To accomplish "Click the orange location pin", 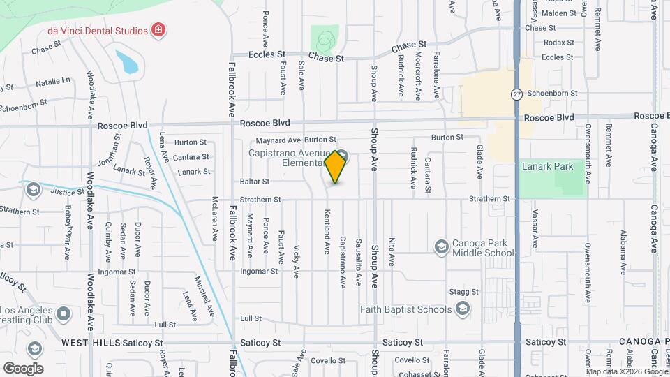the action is click(336, 166).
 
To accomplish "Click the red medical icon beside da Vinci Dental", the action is click(158, 30).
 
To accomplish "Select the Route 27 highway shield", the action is click(516, 94).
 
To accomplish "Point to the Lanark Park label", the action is click(547, 166).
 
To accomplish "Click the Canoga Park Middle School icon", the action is click(441, 246).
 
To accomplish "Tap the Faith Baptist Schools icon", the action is click(462, 309).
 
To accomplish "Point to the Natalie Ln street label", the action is click(53, 81).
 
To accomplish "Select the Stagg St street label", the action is click(463, 292).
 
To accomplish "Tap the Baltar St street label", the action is click(255, 182).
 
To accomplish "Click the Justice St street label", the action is click(62, 191).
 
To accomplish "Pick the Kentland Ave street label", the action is click(327, 231).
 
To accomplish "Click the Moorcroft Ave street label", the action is click(418, 74).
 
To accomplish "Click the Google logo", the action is click(23, 368).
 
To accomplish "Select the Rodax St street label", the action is click(558, 43).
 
